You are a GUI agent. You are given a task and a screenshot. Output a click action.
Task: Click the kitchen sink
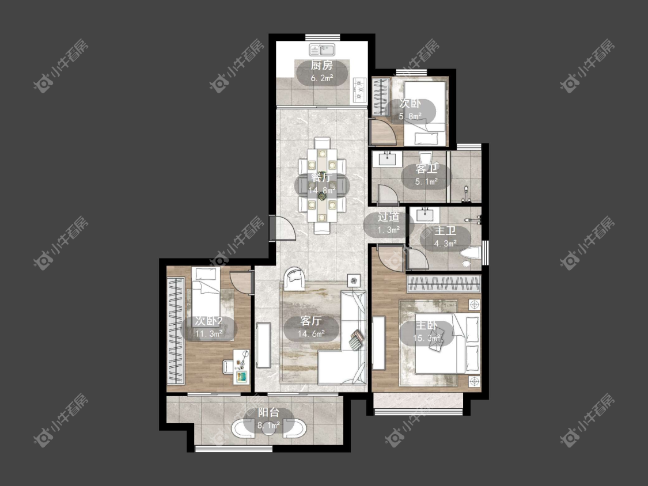(322, 50)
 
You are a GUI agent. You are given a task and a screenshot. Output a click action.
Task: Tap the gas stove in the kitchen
(359, 90)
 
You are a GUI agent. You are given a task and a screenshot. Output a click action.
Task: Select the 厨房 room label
(321, 65)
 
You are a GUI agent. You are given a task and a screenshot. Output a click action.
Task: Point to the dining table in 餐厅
(322, 185)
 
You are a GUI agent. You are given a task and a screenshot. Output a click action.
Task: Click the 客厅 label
(311, 321)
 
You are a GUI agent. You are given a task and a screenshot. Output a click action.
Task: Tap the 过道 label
(388, 217)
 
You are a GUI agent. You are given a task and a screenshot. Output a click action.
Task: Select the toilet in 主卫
(471, 253)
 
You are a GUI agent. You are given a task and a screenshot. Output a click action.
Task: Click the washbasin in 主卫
(425, 214)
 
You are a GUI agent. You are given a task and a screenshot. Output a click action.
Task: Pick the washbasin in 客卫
(388, 158)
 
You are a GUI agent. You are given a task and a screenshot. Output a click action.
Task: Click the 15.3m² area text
(426, 339)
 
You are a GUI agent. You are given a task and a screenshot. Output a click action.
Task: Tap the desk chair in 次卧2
(228, 366)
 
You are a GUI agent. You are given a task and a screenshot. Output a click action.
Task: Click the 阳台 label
(268, 412)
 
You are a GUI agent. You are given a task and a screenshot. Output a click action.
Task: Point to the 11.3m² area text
(209, 334)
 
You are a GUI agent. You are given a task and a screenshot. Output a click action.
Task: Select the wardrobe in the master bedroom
(444, 284)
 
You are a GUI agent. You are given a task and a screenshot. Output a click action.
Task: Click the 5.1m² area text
(426, 181)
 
